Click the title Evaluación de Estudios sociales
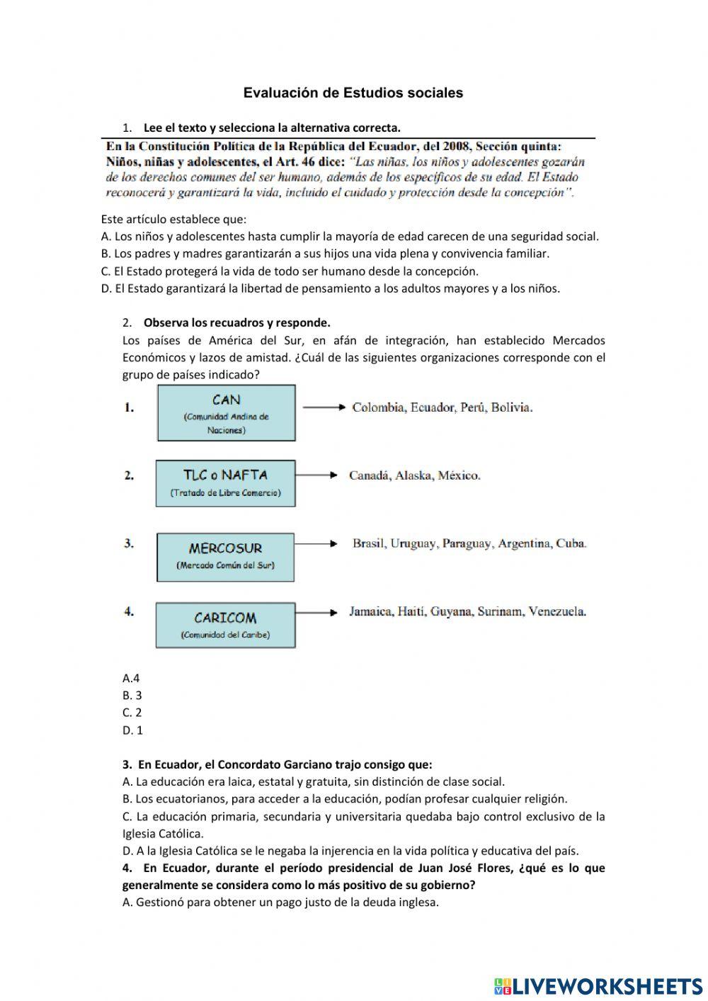coord(353,93)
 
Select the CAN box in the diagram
coord(226,413)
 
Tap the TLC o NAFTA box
coord(225,483)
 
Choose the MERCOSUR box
coord(225,557)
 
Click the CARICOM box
coord(225,625)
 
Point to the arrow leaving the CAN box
coord(324,407)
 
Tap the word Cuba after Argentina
coord(571,544)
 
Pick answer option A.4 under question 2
coord(131,678)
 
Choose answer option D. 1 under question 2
coord(132,730)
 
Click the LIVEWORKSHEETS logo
coord(598,985)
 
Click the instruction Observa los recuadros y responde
coord(236,323)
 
